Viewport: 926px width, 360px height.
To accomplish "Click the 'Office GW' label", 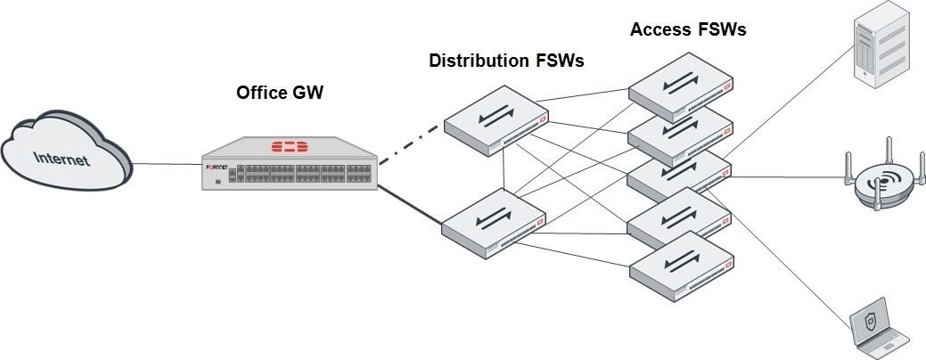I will [x=277, y=92].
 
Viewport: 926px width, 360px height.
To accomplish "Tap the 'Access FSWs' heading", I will [x=688, y=29].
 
